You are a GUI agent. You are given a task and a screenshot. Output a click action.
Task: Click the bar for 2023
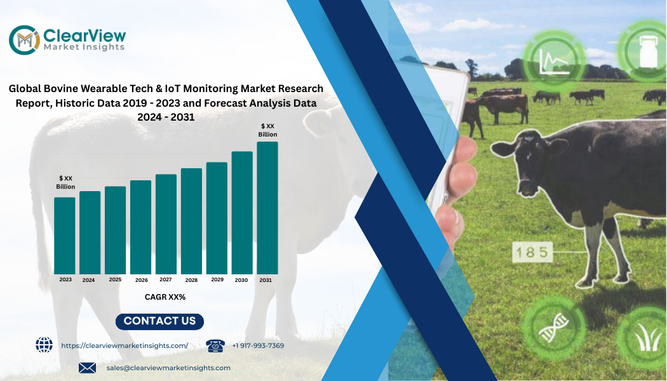[x=65, y=236]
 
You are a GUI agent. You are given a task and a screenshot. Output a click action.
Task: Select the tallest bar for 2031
[x=267, y=208]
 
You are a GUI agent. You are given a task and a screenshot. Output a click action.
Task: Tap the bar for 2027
[x=166, y=224]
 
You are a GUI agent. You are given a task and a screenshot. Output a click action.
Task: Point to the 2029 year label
[x=217, y=279]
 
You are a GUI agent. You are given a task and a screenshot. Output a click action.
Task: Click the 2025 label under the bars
[x=115, y=279]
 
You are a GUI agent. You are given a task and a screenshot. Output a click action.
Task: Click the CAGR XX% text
[x=165, y=297]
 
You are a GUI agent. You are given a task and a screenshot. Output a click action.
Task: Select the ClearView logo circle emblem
[x=25, y=40]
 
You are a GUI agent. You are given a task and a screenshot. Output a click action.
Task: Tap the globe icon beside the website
[x=44, y=345]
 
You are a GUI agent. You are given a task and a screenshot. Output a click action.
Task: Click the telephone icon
[x=215, y=345]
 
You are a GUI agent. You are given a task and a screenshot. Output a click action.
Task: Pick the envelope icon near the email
[x=87, y=368]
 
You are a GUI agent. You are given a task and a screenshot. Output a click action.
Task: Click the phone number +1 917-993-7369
[x=258, y=345]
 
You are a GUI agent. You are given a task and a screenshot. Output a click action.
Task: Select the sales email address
[x=168, y=368]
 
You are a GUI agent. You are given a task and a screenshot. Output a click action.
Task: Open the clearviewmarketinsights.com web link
[x=125, y=345]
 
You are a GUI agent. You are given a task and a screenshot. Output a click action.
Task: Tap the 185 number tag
[x=532, y=252]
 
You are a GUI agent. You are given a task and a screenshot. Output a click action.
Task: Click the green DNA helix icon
[x=554, y=328]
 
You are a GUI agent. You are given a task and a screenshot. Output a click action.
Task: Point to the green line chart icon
[x=554, y=60]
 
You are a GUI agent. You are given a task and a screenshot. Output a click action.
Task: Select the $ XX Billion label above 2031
[x=267, y=130]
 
